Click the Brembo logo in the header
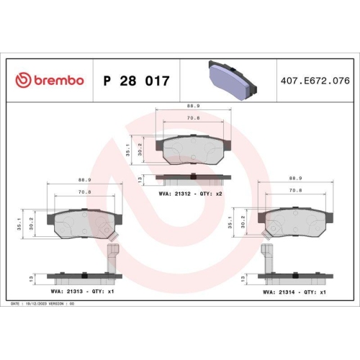(50, 80)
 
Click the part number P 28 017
(136, 80)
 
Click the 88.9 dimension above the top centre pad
(192, 105)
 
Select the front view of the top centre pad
(192, 149)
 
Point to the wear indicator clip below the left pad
(112, 256)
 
